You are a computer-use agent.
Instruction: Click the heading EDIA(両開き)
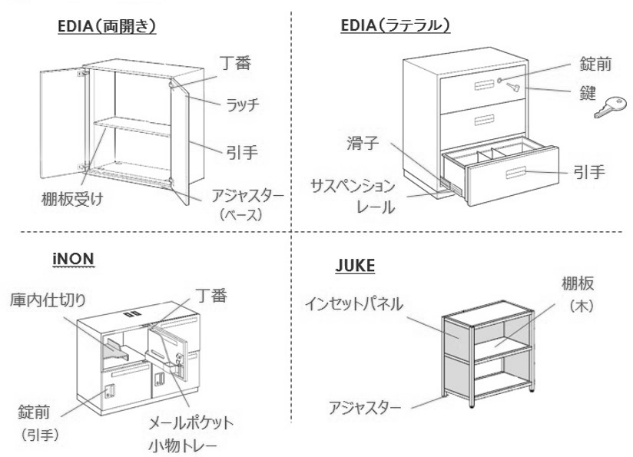[107, 26]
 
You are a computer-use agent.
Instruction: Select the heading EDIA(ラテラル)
[396, 26]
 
